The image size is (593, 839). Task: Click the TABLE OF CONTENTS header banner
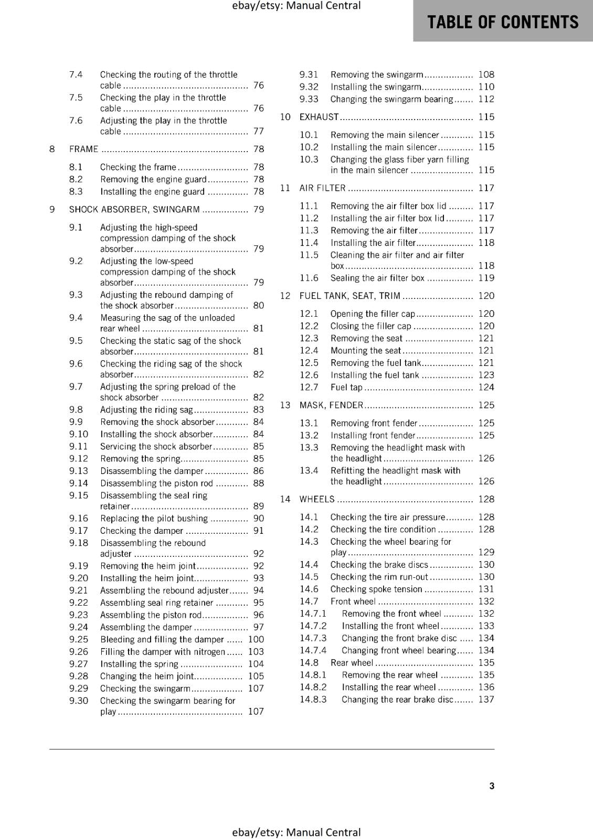pyautogui.click(x=503, y=21)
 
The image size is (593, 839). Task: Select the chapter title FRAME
pyautogui.click(x=83, y=149)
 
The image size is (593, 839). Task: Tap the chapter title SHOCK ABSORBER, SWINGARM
pyautogui.click(x=134, y=210)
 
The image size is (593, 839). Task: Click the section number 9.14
pyautogui.click(x=79, y=483)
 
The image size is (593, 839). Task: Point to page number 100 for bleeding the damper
pyautogui.click(x=256, y=639)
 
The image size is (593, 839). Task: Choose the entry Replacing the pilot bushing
pyautogui.click(x=154, y=519)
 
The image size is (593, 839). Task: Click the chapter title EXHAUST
pyautogui.click(x=319, y=117)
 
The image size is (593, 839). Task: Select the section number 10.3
pyautogui.click(x=309, y=159)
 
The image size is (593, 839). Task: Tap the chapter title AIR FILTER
pyautogui.click(x=322, y=188)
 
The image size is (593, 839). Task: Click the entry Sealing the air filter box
pyautogui.click(x=377, y=278)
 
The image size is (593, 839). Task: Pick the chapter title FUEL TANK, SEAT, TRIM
pyautogui.click(x=350, y=296)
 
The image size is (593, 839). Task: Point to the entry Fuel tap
pyautogui.click(x=346, y=388)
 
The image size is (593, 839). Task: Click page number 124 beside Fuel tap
pyautogui.click(x=486, y=388)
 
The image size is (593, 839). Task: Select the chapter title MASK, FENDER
pyautogui.click(x=331, y=405)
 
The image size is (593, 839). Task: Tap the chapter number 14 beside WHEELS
pyautogui.click(x=285, y=499)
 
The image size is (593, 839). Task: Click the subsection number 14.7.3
pyautogui.click(x=313, y=638)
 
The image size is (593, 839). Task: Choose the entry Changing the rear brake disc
pyautogui.click(x=397, y=700)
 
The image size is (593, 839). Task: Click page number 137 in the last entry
pyautogui.click(x=486, y=700)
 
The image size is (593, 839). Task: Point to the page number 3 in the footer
pyautogui.click(x=492, y=786)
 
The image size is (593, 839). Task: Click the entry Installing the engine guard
pyautogui.click(x=152, y=192)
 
